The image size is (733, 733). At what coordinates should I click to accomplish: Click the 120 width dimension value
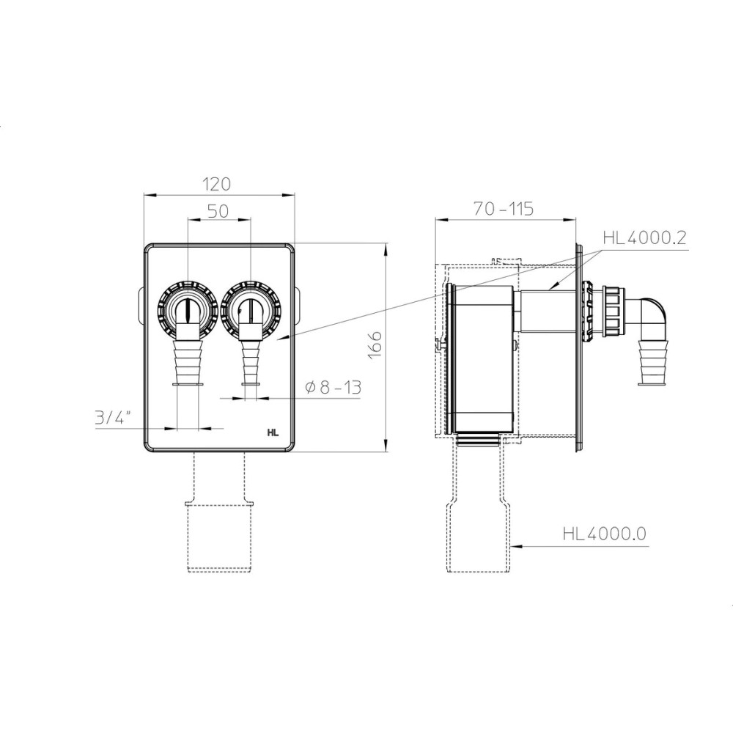coord(218,184)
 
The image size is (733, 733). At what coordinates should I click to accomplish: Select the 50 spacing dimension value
coord(218,211)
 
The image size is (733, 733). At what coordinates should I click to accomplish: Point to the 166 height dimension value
coord(375,345)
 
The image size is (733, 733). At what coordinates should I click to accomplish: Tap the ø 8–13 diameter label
coord(334,387)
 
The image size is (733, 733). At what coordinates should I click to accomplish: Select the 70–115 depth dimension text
coord(503,208)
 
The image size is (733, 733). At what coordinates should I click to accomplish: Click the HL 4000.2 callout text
coord(644,238)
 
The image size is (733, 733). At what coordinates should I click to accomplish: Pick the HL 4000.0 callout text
coord(605,534)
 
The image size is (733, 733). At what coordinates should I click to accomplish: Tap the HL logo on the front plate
coord(273,433)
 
